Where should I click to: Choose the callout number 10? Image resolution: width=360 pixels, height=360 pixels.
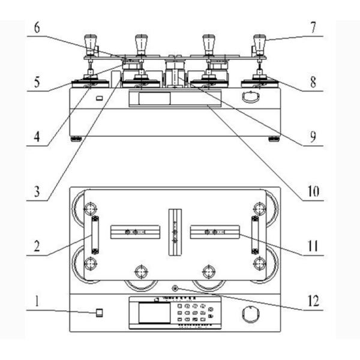click(x=314, y=193)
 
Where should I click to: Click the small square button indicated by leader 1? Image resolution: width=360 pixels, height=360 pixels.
click(x=100, y=313)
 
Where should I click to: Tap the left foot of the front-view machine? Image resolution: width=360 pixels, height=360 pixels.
click(x=77, y=139)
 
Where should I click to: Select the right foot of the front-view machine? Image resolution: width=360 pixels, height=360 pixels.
click(x=274, y=139)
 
